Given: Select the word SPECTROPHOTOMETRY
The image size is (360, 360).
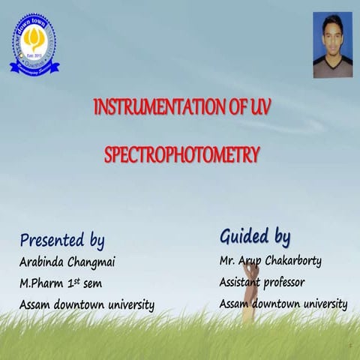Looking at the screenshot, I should [181, 155].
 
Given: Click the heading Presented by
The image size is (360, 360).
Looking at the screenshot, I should [61, 241].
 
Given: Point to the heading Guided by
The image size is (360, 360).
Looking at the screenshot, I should [255, 236].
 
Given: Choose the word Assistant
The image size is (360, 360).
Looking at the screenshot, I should [246, 283].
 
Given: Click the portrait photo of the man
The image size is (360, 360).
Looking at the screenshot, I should [332, 45].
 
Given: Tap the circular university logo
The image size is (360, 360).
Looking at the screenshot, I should [34, 44].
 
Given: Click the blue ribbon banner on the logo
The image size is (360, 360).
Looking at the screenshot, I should [34, 66].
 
